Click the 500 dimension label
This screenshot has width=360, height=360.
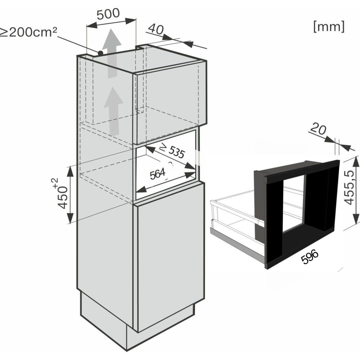point(108,14)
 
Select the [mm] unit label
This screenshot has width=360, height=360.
point(328,26)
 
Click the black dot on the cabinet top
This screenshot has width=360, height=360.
point(100,53)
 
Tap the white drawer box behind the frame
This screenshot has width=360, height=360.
point(232,214)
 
